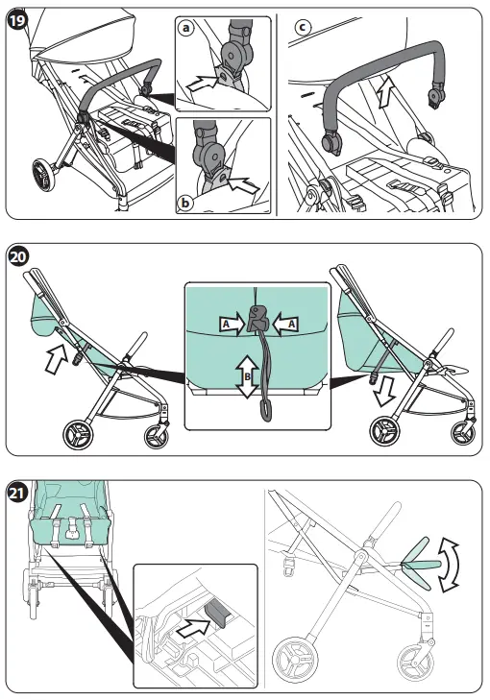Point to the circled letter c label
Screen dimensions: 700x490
point(304,28)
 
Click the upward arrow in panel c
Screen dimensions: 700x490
point(384,94)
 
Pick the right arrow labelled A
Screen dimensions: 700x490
point(285,326)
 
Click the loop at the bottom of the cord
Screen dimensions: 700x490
point(261,415)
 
